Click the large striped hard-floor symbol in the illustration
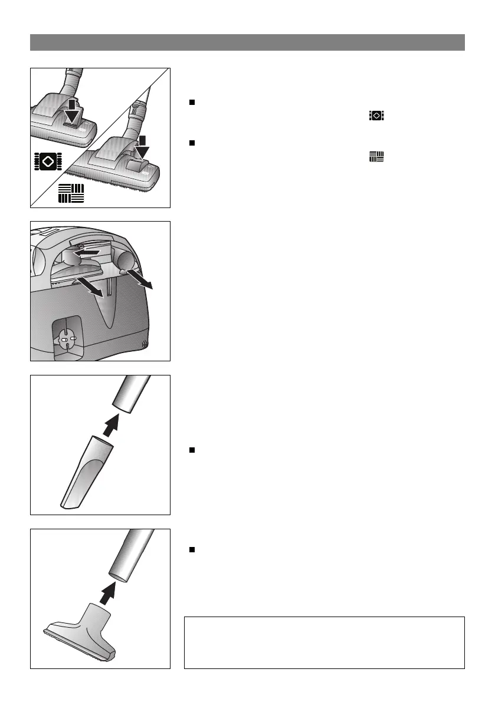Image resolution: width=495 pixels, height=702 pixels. (x=71, y=193)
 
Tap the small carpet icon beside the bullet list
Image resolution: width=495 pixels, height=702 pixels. (x=376, y=116)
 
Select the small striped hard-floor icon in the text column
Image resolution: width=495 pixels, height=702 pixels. (x=376, y=156)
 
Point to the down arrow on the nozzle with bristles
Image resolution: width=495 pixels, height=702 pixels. (x=143, y=151)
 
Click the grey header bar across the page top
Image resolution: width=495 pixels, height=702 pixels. (x=247, y=42)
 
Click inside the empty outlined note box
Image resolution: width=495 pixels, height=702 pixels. (x=324, y=642)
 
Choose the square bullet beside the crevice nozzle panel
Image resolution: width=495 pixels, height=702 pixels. (x=191, y=450)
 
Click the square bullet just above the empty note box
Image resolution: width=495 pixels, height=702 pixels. (x=191, y=549)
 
